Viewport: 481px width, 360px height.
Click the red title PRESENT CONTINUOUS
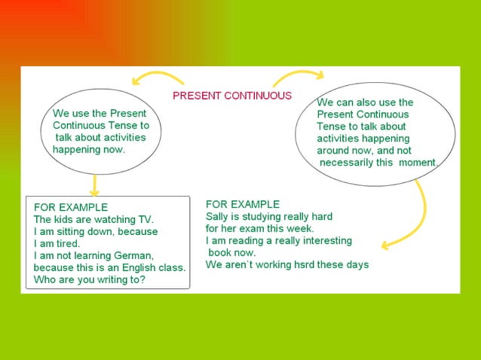(232, 96)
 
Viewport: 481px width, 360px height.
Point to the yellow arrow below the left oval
(94, 185)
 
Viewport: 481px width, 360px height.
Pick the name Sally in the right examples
(218, 216)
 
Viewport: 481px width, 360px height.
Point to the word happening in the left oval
(75, 149)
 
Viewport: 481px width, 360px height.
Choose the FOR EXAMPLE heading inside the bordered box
(71, 207)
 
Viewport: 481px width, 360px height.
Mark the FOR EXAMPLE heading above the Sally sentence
(243, 204)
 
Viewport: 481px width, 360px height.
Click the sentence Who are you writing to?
(90, 279)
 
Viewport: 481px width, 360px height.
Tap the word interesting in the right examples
(325, 240)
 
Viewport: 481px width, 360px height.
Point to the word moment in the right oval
(417, 163)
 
